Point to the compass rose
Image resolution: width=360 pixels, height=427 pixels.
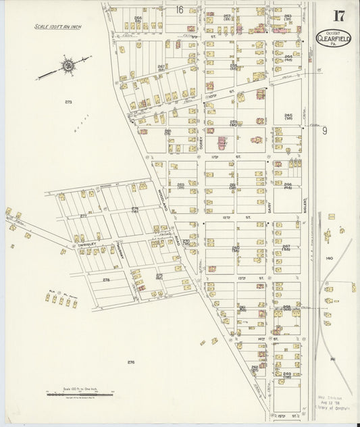pyautogui.click(x=67, y=66)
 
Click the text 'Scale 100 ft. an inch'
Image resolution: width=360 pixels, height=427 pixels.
pyautogui.click(x=57, y=27)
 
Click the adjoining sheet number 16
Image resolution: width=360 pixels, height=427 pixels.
pyautogui.click(x=179, y=9)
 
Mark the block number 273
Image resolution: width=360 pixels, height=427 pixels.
pyautogui.click(x=68, y=101)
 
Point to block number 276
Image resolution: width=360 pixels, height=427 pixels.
pyautogui.click(x=130, y=362)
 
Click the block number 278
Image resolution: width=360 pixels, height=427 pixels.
pyautogui.click(x=106, y=279)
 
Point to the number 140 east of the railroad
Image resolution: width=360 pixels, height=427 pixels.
pyautogui.click(x=329, y=258)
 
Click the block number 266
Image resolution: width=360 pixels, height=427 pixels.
pyautogui.click(x=138, y=18)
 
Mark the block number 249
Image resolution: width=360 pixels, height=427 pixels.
pyautogui.click(x=287, y=374)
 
